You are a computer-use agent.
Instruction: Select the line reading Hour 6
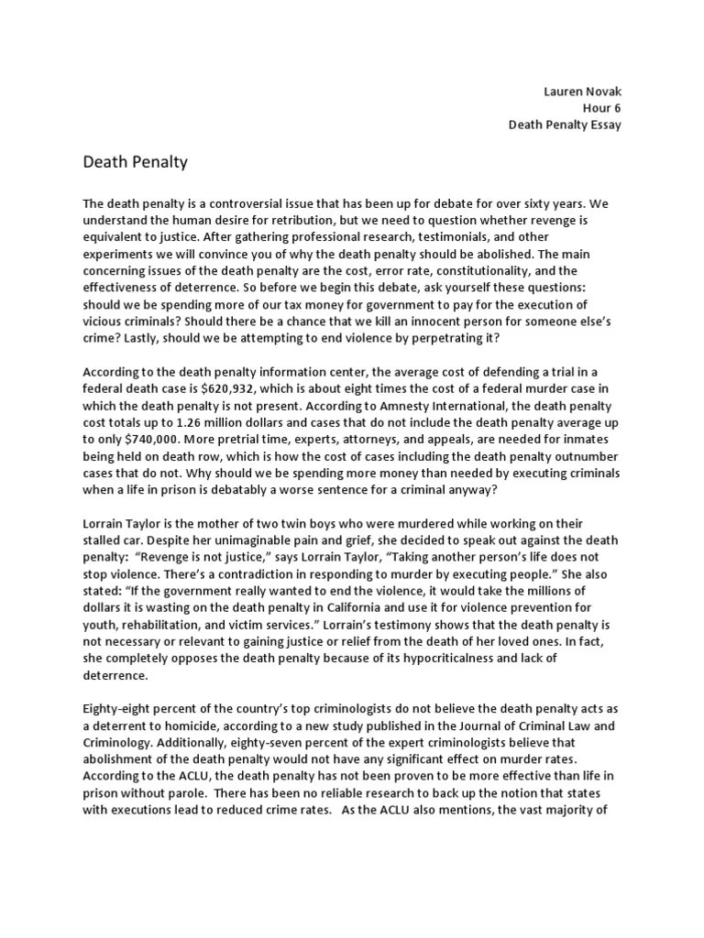(x=602, y=108)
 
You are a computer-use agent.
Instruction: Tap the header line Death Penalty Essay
(x=565, y=125)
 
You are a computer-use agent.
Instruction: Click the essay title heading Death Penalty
(x=135, y=162)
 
